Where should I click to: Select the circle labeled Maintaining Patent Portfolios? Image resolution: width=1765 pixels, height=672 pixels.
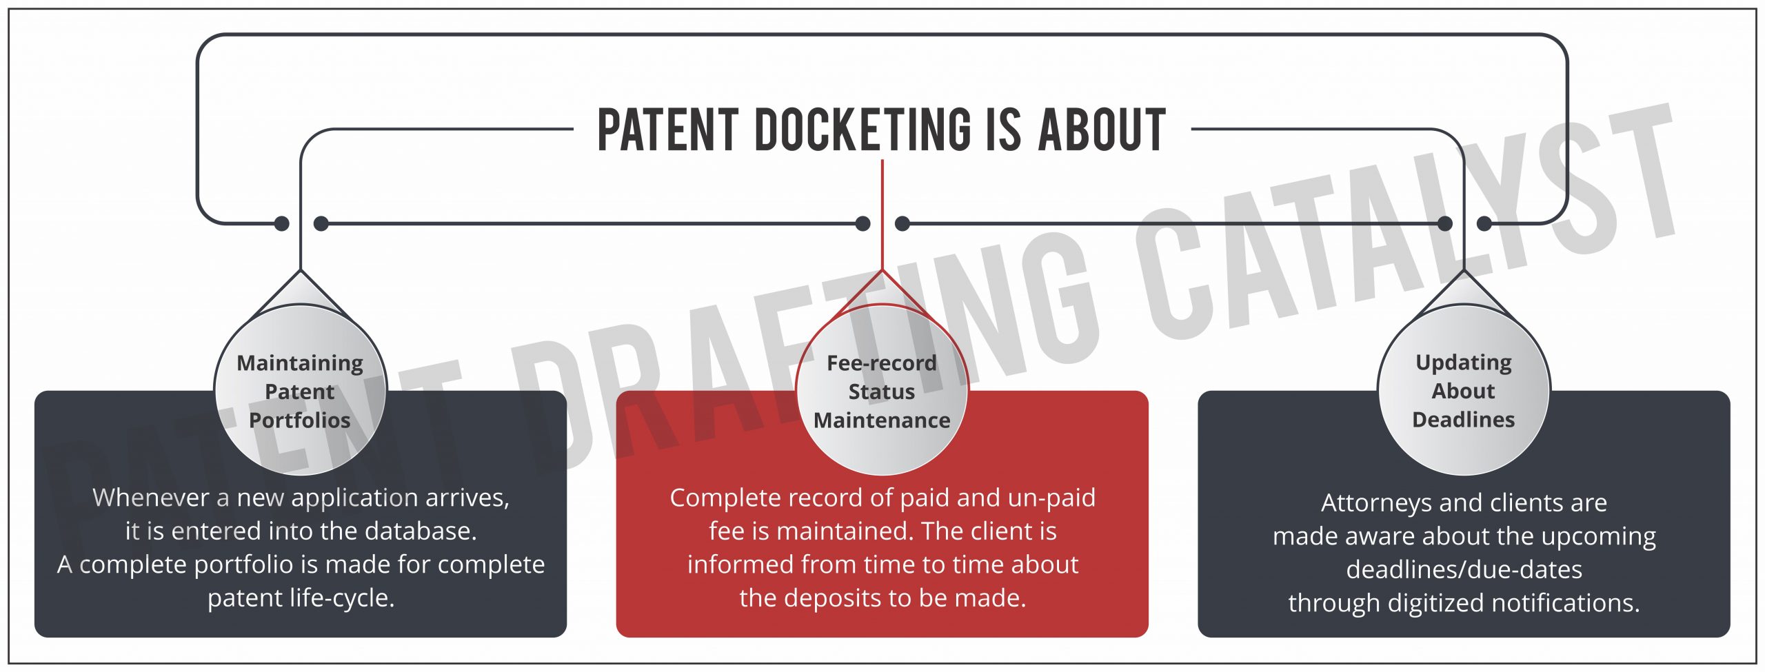tap(300, 391)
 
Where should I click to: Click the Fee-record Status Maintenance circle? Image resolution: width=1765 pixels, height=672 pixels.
tap(882, 391)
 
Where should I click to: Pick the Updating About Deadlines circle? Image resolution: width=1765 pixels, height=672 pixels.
tap(1463, 391)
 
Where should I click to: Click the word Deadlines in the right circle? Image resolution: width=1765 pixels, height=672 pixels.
tap(1463, 420)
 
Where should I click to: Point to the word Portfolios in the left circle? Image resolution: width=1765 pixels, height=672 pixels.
tap(300, 420)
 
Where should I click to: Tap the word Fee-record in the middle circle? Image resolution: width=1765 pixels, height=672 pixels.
tap(882, 363)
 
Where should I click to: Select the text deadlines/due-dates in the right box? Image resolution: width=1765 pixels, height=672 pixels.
tap(1464, 570)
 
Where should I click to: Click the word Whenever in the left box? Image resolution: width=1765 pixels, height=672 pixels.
tap(150, 498)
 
